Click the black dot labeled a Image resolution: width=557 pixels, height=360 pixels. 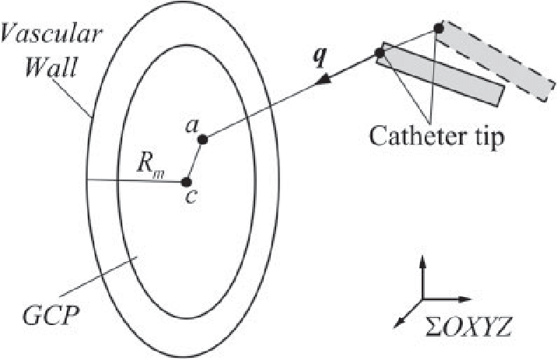pyautogui.click(x=202, y=140)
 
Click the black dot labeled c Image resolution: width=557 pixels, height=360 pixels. pyautogui.click(x=187, y=182)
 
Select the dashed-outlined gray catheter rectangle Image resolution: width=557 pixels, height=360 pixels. pyautogui.click(x=495, y=56)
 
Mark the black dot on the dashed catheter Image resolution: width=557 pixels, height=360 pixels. pyautogui.click(x=438, y=29)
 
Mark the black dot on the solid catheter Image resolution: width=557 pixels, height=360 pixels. pyautogui.click(x=380, y=54)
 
